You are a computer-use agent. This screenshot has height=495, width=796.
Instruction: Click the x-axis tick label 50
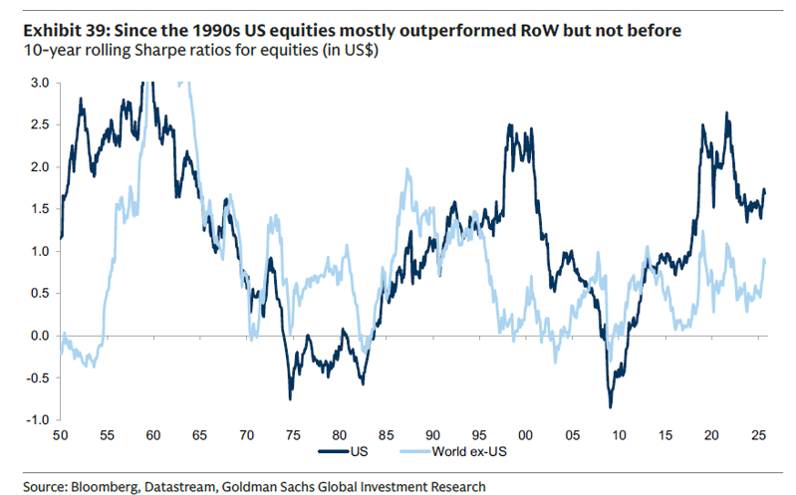[61, 436]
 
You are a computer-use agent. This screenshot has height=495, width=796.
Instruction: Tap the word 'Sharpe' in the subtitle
[152, 52]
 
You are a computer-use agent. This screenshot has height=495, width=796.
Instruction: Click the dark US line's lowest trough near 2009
[610, 406]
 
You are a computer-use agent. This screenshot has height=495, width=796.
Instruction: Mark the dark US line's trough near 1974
[290, 398]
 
